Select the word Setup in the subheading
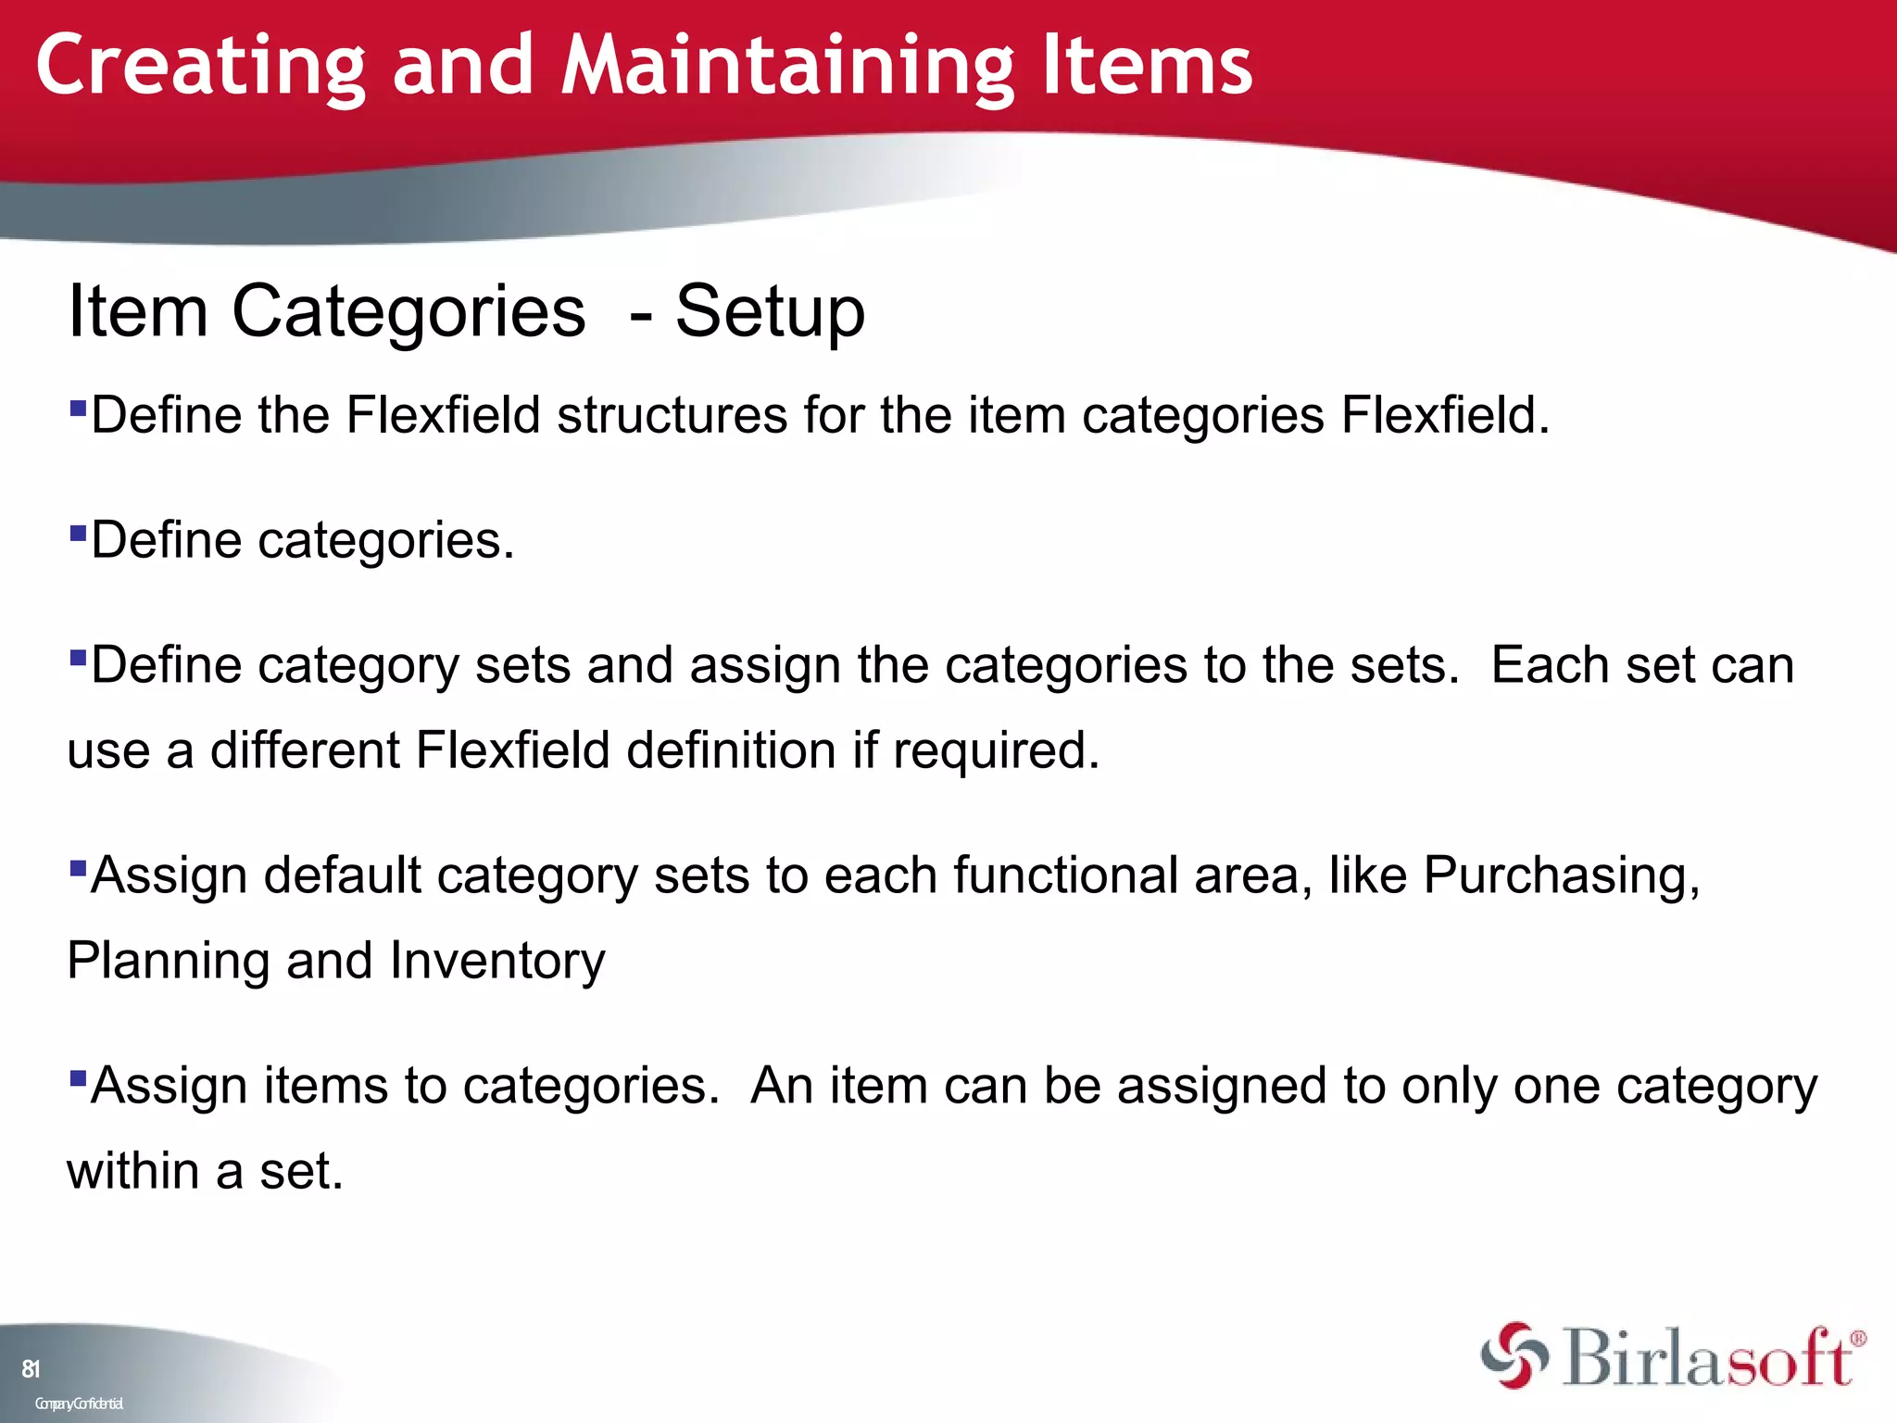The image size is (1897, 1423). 770,312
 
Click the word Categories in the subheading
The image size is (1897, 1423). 408,312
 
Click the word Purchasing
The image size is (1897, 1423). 1561,875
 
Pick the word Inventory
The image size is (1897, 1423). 497,961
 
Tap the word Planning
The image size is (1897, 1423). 169,961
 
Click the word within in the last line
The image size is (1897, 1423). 132,1171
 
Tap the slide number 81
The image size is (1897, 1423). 31,1368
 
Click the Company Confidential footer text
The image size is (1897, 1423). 79,1404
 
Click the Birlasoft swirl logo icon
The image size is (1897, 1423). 1514,1356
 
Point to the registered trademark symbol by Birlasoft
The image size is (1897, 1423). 1857,1339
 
